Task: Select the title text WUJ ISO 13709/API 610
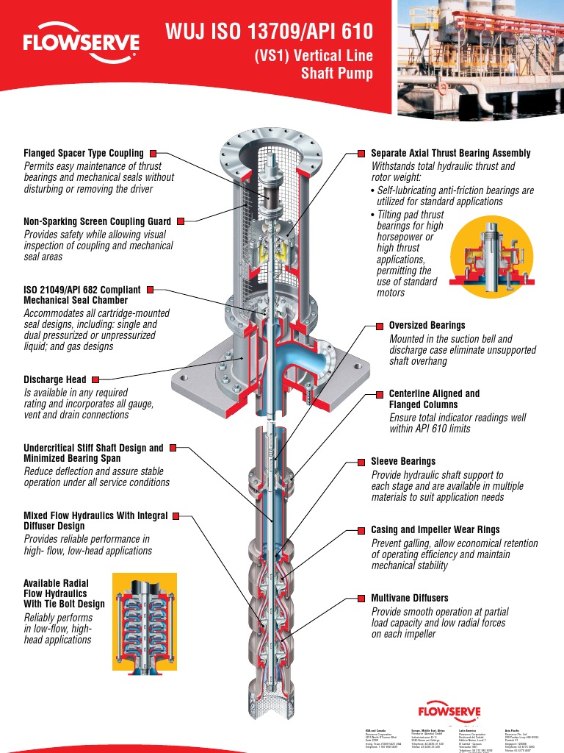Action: click(269, 32)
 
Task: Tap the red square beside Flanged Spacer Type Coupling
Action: click(153, 154)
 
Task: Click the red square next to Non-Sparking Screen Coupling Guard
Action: click(180, 221)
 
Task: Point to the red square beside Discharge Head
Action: click(95, 380)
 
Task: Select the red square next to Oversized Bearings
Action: click(380, 325)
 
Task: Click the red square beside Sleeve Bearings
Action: click(362, 462)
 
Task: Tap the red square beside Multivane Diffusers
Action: click(362, 599)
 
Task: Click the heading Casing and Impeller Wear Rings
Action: click(435, 529)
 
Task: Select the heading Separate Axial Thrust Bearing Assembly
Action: click(450, 154)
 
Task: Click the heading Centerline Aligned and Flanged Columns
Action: click(433, 399)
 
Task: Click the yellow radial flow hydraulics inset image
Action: click(145, 621)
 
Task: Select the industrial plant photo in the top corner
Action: click(480, 59)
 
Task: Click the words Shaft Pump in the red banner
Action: click(337, 74)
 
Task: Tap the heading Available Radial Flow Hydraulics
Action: click(65, 593)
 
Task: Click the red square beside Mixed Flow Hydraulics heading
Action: click(176, 516)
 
